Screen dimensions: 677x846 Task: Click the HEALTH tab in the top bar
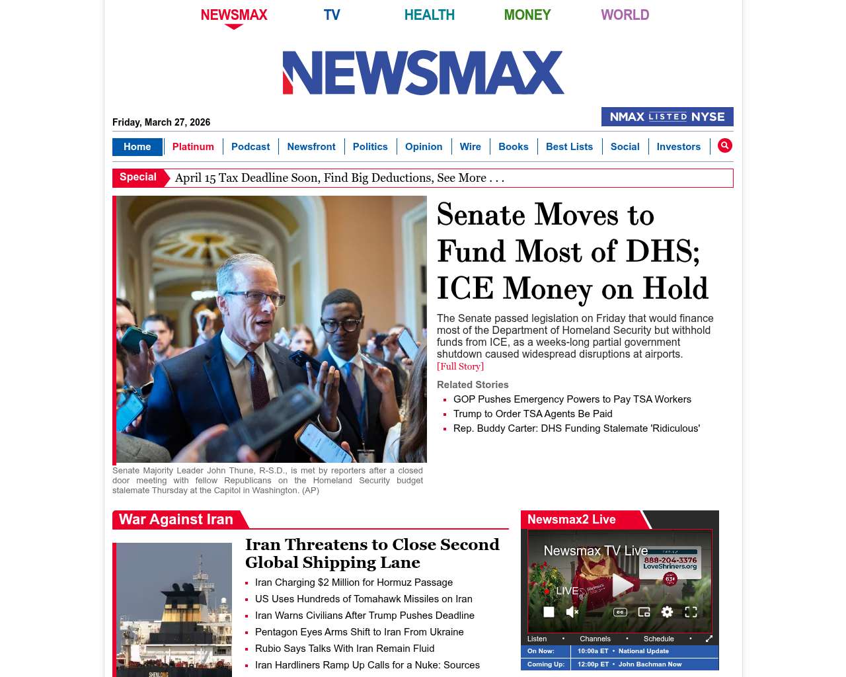(x=429, y=15)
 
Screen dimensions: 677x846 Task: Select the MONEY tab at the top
(x=527, y=15)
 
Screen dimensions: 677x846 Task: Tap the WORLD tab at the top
(x=625, y=15)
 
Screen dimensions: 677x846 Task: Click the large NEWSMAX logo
(x=423, y=73)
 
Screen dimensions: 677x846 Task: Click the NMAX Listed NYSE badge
(x=667, y=117)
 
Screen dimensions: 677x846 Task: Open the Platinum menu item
(x=193, y=147)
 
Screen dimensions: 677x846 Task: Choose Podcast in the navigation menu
(x=250, y=147)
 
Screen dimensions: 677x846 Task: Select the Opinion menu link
(x=424, y=147)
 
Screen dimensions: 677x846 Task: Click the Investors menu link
(x=678, y=147)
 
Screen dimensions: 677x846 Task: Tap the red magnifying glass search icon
(x=724, y=145)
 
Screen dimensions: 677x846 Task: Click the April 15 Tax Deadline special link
(x=339, y=178)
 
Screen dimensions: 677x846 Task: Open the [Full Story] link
(x=460, y=366)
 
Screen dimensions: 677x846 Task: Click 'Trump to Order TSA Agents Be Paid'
(x=533, y=414)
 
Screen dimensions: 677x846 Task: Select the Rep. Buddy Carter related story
(x=576, y=428)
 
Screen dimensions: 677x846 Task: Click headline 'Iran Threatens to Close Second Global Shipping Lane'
(x=372, y=553)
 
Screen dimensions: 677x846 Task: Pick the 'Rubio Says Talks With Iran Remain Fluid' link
(x=344, y=649)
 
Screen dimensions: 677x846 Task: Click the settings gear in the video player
(x=667, y=612)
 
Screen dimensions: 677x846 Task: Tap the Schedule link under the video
(x=658, y=639)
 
